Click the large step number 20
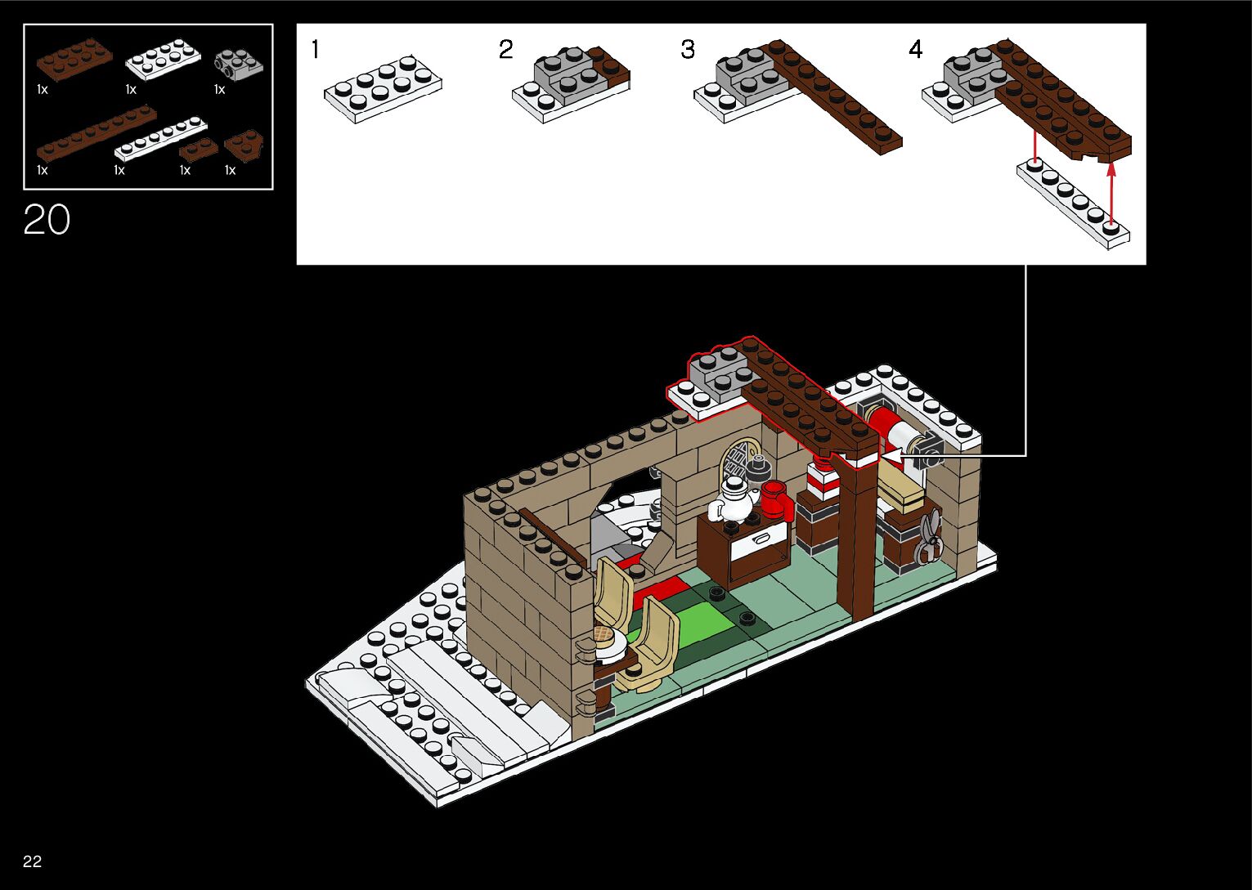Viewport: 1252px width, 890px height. click(x=47, y=220)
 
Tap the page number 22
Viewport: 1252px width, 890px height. click(x=33, y=861)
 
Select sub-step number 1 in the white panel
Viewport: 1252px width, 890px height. click(x=316, y=51)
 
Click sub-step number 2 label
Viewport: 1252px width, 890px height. click(x=506, y=51)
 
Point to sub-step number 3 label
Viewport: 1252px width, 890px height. click(x=689, y=51)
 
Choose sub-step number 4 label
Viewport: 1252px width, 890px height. click(x=916, y=51)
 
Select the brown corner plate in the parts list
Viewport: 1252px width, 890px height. click(x=244, y=145)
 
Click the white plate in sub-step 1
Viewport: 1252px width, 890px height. click(x=383, y=89)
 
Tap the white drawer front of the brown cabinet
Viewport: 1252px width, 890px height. click(x=759, y=543)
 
